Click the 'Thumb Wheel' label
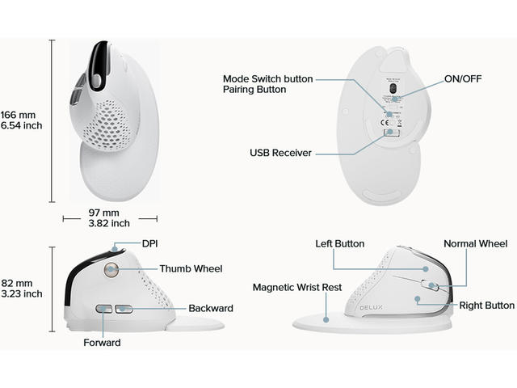(191, 268)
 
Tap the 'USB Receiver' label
(280, 152)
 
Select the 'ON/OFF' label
(463, 79)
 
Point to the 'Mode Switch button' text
(267, 78)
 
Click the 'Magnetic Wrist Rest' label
(297, 287)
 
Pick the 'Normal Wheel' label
(475, 243)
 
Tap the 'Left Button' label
(339, 243)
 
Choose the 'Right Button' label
(486, 306)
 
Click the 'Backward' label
(211, 308)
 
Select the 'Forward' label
(102, 342)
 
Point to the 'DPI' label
(150, 243)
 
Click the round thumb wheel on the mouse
(111, 270)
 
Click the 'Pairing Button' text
(254, 90)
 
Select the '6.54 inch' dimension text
(22, 125)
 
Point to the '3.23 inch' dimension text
(22, 294)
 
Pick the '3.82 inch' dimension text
(109, 223)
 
